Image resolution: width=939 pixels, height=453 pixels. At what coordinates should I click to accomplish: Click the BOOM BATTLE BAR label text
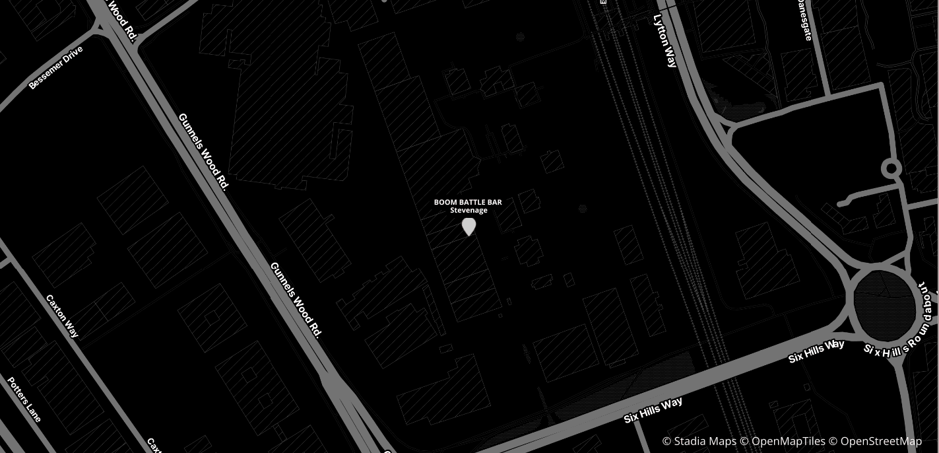(468, 202)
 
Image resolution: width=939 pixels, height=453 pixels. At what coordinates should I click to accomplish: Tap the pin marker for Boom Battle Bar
(469, 226)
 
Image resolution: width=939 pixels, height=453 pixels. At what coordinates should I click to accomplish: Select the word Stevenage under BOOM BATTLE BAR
(469, 211)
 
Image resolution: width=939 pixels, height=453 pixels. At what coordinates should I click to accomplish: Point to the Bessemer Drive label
(56, 67)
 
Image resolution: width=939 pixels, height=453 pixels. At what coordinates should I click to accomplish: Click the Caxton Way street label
(63, 316)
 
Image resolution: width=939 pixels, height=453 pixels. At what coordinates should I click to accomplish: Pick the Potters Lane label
(24, 399)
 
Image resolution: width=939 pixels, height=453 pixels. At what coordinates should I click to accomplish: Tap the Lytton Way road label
(665, 40)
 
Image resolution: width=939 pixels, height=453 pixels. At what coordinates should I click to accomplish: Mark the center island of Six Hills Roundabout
(885, 305)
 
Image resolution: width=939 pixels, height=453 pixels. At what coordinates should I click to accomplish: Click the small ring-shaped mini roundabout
(891, 168)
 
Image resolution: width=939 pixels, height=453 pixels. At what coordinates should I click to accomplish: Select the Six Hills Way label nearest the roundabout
(816, 351)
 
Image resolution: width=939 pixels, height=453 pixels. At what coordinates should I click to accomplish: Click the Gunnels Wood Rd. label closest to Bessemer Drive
(203, 152)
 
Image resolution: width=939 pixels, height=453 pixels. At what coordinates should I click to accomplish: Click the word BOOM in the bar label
(445, 202)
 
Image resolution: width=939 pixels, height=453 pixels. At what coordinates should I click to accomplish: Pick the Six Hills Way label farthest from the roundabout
(653, 410)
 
